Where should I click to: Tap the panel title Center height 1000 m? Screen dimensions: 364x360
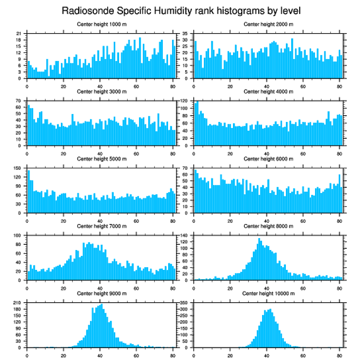[x=101, y=24]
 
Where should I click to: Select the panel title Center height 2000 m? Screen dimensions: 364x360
[x=268, y=24]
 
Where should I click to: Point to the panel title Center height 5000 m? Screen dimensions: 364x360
[x=101, y=159]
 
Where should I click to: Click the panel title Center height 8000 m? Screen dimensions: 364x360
[x=268, y=226]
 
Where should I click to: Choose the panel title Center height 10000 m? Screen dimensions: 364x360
[x=268, y=293]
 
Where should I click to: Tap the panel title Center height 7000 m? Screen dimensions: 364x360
[x=101, y=226]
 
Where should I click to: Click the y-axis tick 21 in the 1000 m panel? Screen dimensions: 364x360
[x=19, y=33]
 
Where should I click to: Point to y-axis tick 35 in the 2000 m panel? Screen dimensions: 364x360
[x=185, y=33]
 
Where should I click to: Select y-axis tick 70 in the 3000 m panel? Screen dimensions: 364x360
[x=19, y=101]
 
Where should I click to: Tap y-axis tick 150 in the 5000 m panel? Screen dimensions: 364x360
[x=18, y=168]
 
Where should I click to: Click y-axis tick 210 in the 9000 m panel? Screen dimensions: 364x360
[x=18, y=303]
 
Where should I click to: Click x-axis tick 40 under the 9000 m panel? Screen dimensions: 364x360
[x=100, y=354]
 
